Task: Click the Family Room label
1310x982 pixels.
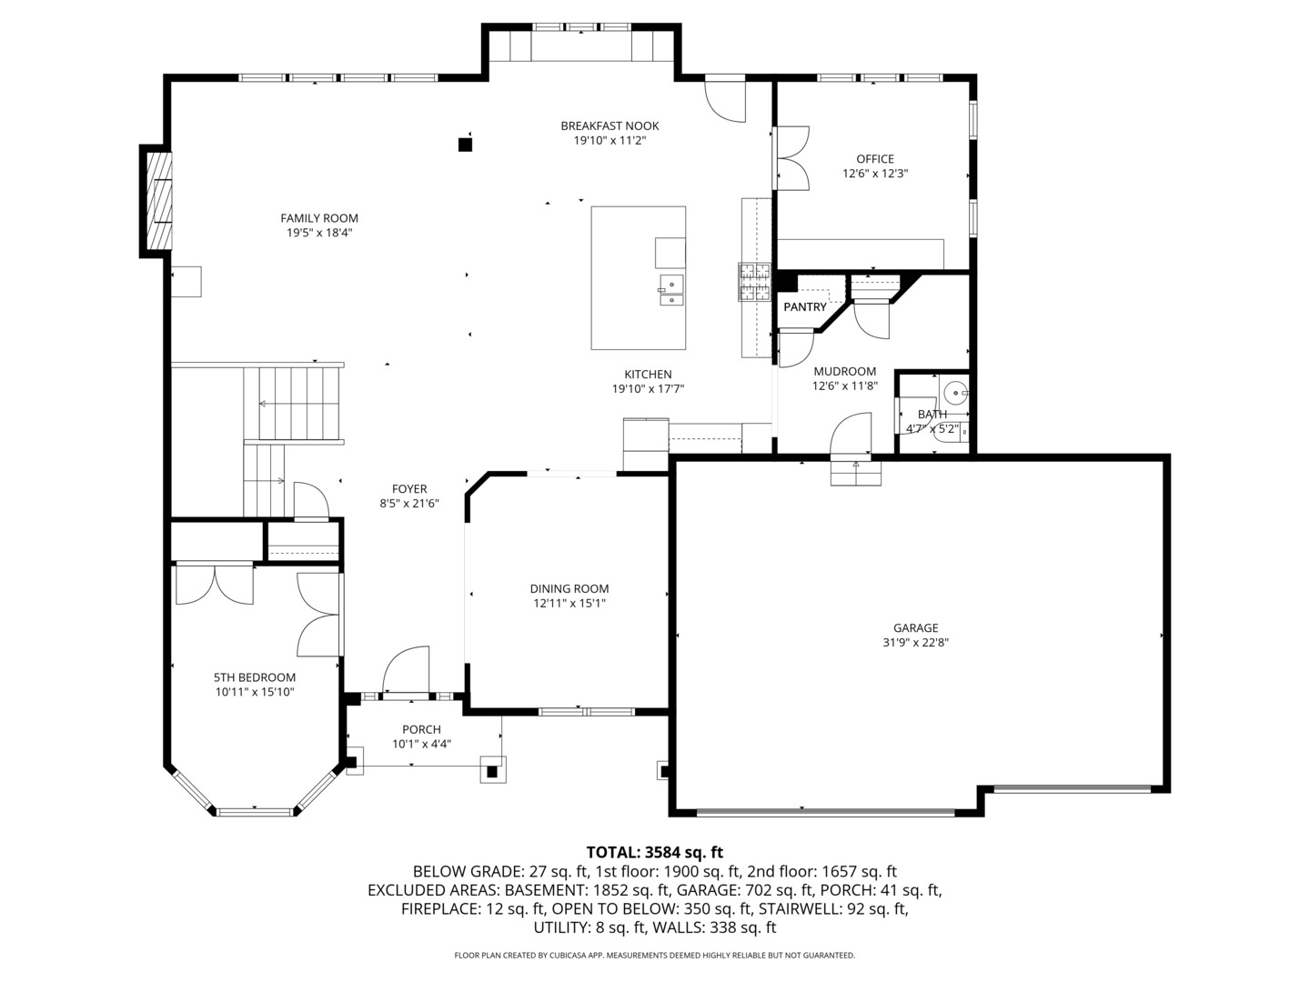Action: click(318, 218)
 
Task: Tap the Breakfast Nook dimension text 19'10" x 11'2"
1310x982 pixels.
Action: click(610, 141)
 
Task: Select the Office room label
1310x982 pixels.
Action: click(874, 159)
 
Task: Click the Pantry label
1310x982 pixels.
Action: click(804, 307)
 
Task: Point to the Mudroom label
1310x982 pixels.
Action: click(844, 371)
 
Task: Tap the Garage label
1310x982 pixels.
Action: click(915, 627)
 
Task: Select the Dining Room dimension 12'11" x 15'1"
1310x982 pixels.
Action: click(569, 603)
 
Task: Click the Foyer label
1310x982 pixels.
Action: click(409, 489)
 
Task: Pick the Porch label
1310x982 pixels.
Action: click(421, 729)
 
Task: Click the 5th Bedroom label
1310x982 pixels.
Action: click(255, 677)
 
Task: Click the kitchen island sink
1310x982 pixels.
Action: click(670, 290)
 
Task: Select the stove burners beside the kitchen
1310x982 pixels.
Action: click(754, 282)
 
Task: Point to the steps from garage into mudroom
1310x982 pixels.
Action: click(856, 473)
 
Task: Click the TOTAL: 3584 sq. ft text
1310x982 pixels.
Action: click(654, 852)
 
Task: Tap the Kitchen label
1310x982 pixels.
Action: click(648, 374)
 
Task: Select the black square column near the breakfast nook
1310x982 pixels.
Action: click(465, 143)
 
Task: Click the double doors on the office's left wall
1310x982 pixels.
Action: click(791, 159)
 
